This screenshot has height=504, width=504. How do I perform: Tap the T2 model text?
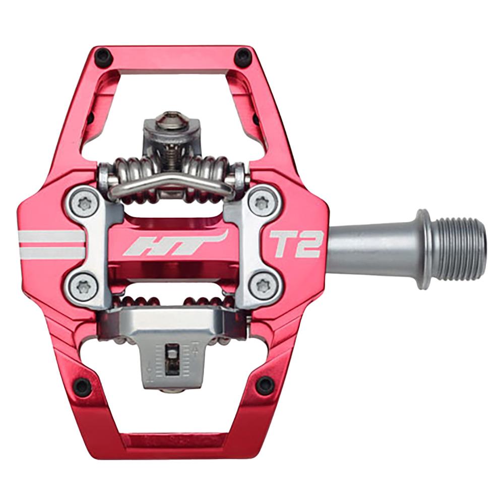tap(294, 244)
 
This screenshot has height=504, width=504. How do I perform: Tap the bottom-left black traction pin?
tap(82, 387)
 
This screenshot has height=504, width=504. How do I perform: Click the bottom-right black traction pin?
tap(264, 386)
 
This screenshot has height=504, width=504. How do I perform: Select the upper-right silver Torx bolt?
tap(262, 203)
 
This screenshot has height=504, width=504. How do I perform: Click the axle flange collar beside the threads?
tap(423, 248)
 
